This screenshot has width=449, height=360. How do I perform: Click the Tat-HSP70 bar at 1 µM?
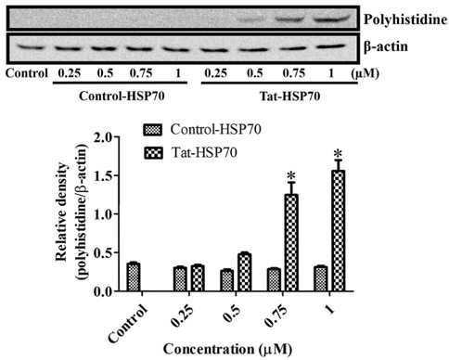[338, 230]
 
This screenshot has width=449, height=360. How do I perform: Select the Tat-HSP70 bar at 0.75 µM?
[291, 243]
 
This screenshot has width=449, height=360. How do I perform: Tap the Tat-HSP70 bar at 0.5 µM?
[244, 272]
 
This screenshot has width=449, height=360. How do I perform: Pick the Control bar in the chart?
[134, 277]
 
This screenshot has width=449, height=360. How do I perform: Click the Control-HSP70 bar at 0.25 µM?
[180, 279]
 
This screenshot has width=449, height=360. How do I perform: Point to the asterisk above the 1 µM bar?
[338, 154]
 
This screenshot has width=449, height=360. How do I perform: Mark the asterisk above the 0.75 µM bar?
[291, 176]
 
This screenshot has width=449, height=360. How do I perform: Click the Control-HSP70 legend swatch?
[153, 130]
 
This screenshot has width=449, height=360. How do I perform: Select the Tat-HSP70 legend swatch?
[153, 152]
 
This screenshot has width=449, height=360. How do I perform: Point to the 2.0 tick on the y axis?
[103, 137]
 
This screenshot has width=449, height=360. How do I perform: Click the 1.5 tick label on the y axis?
[103, 175]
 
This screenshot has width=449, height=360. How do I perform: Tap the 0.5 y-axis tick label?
[103, 252]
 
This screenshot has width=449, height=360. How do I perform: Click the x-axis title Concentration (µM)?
[227, 349]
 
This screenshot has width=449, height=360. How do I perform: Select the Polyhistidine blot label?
[405, 20]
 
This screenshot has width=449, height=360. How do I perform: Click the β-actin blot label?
[386, 46]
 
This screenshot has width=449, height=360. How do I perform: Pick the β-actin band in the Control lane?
[30, 47]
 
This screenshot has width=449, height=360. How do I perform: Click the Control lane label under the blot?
[27, 73]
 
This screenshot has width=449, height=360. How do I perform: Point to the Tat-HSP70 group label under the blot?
[289, 96]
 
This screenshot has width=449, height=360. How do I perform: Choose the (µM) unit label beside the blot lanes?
[366, 73]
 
